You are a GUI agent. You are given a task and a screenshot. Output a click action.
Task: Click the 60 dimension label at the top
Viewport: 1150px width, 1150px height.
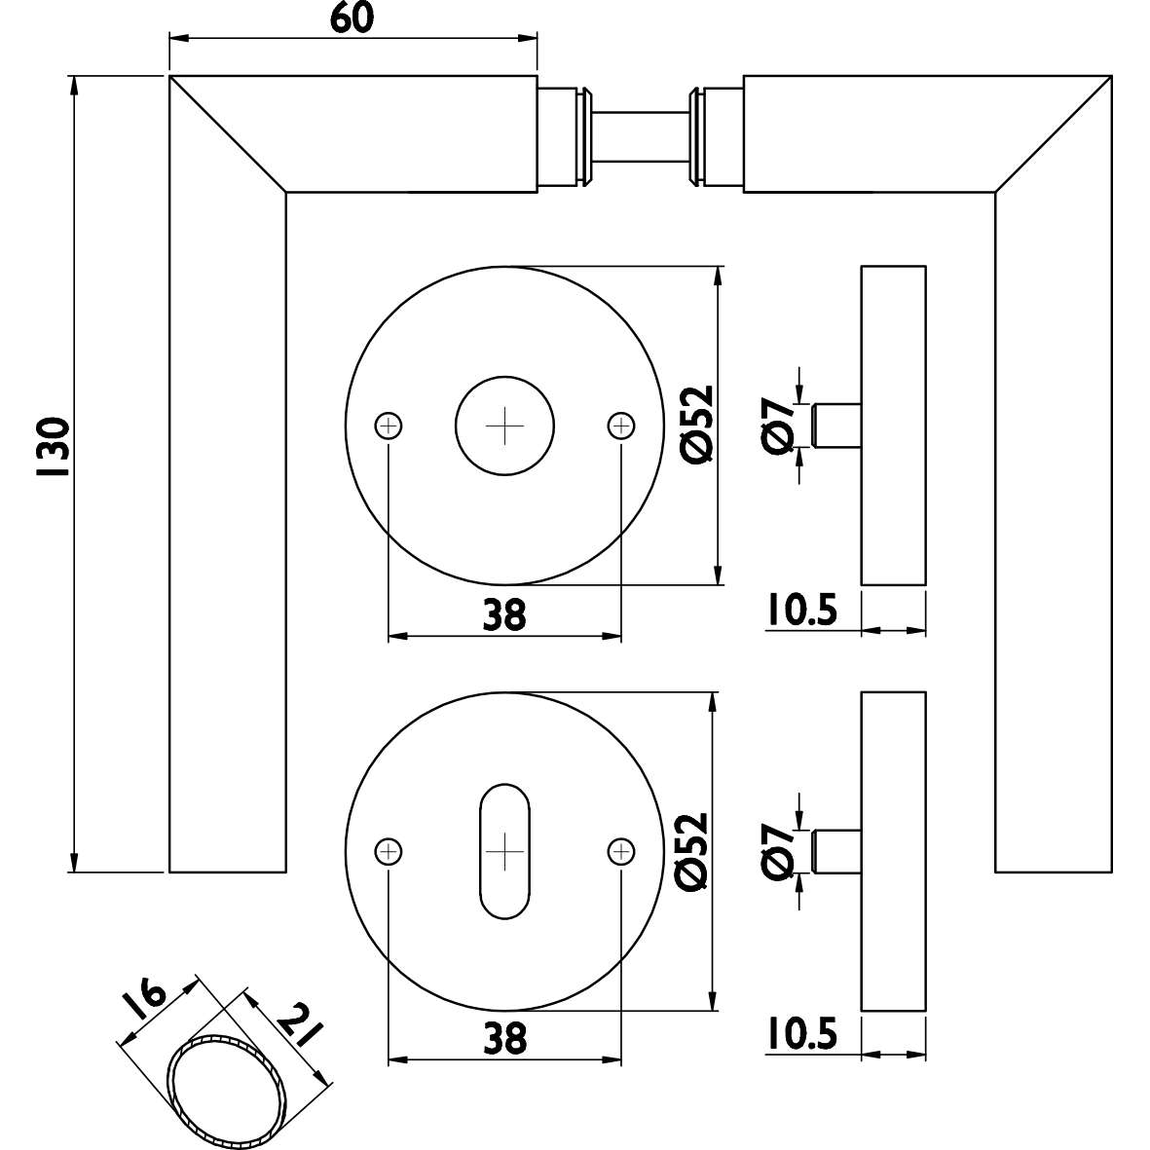point(352,19)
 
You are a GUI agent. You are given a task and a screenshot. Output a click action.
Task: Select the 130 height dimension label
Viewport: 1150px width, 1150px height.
point(51,447)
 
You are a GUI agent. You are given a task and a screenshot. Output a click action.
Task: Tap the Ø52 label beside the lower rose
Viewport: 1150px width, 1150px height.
point(693,850)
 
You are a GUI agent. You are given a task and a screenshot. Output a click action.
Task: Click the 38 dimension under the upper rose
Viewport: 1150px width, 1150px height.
point(503,615)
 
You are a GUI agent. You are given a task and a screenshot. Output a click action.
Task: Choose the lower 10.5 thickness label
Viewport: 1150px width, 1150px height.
point(800,1036)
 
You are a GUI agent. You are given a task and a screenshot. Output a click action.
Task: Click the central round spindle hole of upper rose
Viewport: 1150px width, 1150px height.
point(504,427)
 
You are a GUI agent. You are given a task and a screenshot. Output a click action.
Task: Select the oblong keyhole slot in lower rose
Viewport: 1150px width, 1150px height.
point(504,851)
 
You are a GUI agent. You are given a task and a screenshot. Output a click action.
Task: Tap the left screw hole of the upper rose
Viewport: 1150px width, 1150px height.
point(389,426)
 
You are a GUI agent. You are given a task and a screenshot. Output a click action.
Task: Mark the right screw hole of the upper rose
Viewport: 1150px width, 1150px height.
point(620,426)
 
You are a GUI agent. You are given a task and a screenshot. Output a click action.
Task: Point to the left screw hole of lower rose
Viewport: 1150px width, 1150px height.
point(389,851)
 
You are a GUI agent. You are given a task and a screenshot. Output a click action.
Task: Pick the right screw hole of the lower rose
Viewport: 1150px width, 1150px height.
point(620,851)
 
